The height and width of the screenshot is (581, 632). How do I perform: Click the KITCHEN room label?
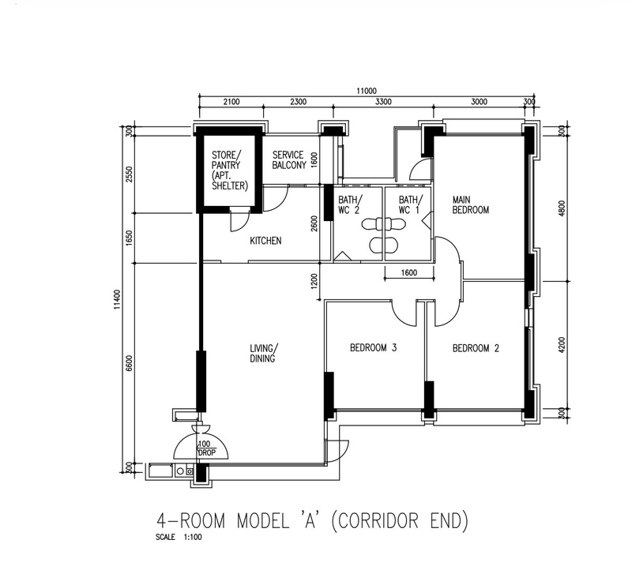pos(265,241)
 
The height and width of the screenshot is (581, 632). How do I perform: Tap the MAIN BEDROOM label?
pos(470,204)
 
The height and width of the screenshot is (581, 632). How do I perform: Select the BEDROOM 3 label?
pos(373,347)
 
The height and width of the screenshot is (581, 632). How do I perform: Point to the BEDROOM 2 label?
pos(476,348)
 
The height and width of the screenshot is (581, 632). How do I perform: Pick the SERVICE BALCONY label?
pos(289,159)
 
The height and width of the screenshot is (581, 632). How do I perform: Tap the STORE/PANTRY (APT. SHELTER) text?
pos(229,171)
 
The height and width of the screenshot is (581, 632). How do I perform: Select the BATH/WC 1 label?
pos(411,204)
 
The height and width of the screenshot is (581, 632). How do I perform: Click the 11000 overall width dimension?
pos(366,91)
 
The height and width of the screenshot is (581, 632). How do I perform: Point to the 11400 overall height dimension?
pos(117,299)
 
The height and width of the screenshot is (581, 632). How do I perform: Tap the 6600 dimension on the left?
pos(129,364)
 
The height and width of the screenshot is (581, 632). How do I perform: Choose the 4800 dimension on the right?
pos(562,208)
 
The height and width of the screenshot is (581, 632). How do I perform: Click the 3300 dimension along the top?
pos(383,102)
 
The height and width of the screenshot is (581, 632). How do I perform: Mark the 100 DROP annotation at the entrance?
pos(207,448)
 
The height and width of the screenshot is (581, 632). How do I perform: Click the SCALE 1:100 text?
pos(179,537)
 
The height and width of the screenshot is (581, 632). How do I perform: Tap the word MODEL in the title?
pos(262,520)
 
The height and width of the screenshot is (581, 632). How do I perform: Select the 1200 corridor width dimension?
pos(314,282)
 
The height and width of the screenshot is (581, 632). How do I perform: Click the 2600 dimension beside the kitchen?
pos(314,224)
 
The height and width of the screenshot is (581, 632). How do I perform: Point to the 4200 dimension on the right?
pos(562,344)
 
